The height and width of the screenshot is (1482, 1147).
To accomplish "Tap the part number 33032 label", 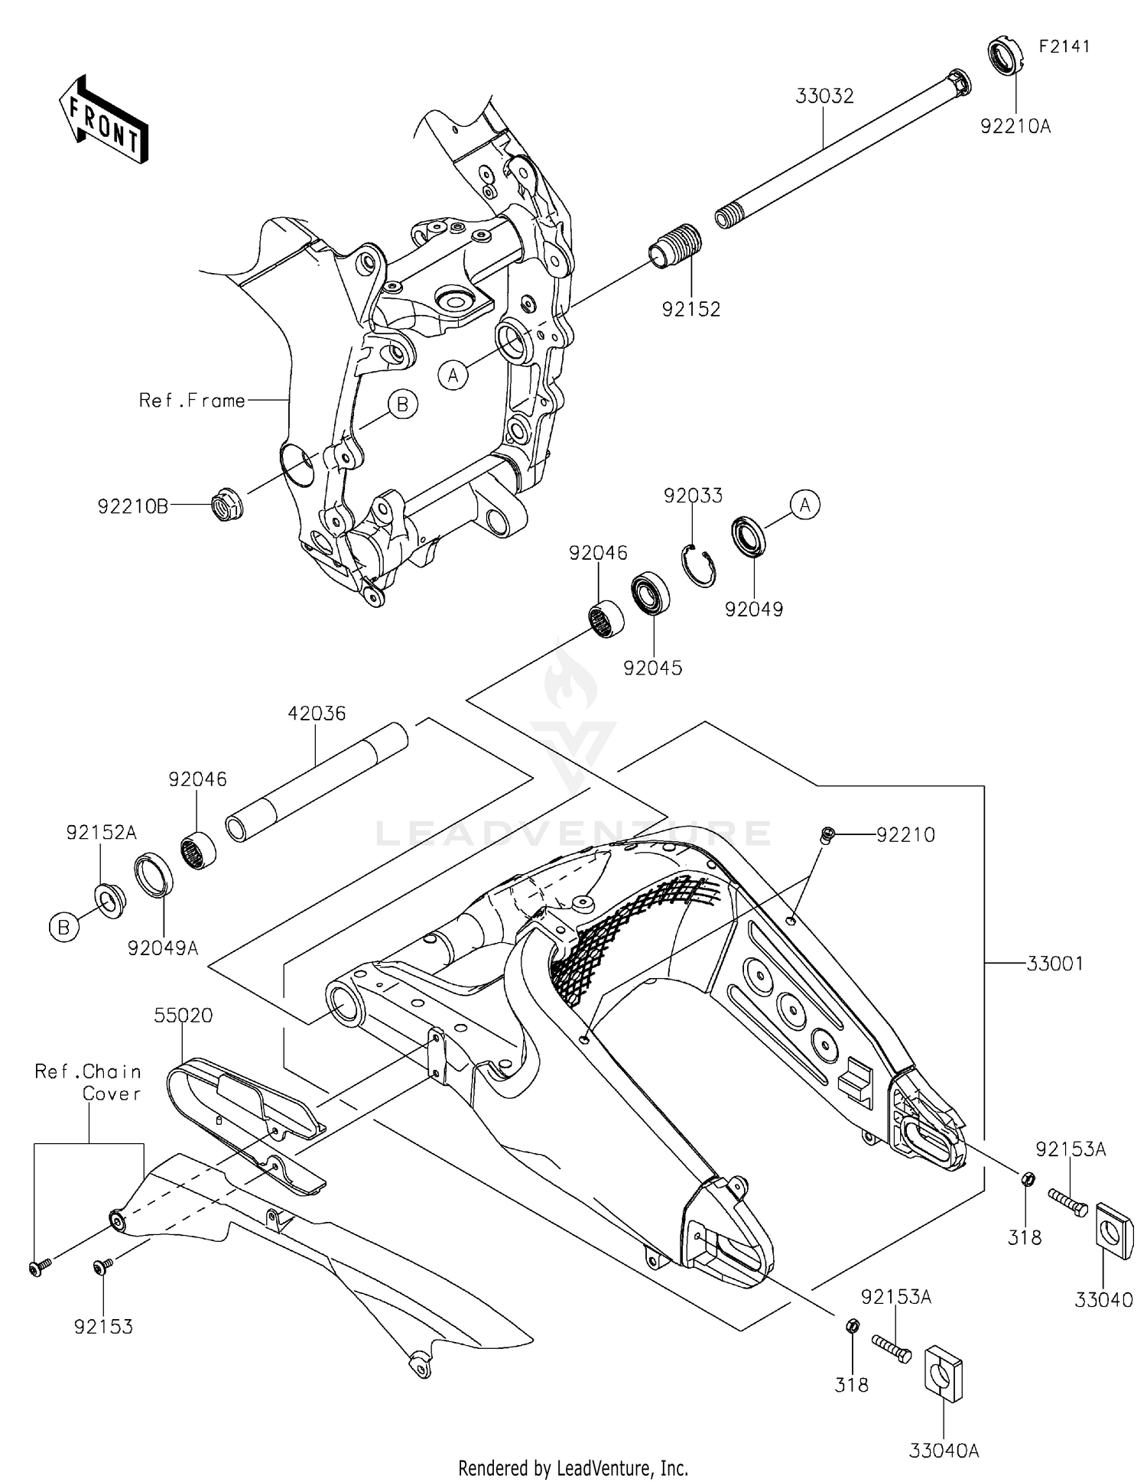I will [824, 97].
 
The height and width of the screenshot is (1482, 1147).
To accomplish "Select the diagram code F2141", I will [1064, 46].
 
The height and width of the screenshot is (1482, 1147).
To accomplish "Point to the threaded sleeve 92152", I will [674, 245].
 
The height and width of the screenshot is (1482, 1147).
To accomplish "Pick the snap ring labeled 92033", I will [698, 565].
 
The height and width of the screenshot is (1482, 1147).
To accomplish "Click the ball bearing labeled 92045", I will [650, 593].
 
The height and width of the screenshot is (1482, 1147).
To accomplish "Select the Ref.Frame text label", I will [192, 400].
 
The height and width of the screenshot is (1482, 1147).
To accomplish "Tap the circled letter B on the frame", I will [402, 404].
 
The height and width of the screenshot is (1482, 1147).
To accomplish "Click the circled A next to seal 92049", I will [804, 505].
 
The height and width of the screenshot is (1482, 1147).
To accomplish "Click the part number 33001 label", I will [1054, 964].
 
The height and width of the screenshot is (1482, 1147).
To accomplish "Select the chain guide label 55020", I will [184, 1016].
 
